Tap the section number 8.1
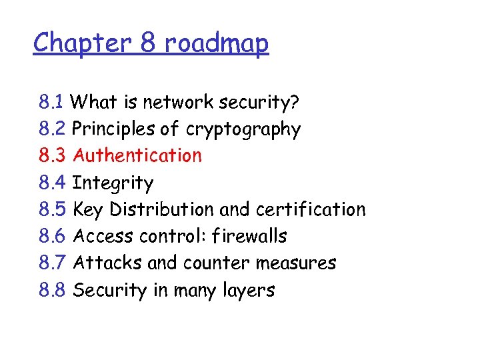tap(51, 103)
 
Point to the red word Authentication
tap(137, 156)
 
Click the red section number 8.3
tap(52, 156)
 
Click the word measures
tap(296, 263)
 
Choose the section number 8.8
tap(52, 291)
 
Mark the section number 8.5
tap(52, 209)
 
